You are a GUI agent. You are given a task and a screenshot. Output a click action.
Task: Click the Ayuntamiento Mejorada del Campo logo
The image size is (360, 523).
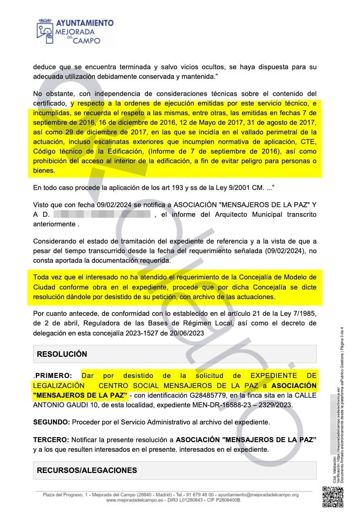pyautogui.click(x=75, y=31)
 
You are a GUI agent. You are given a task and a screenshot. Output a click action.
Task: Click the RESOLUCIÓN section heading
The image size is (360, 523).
pyautogui.click(x=62, y=354)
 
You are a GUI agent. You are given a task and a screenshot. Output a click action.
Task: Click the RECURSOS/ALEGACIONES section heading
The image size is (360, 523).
pyautogui.click(x=87, y=470)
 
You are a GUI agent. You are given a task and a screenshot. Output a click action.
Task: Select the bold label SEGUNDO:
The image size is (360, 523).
pyautogui.click(x=52, y=421)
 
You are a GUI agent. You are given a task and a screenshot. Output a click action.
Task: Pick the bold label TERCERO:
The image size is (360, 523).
pyautogui.click(x=50, y=440)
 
